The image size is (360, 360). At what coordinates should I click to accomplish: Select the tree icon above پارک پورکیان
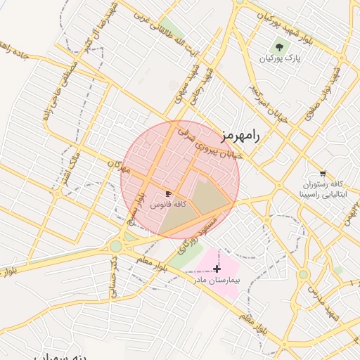280,47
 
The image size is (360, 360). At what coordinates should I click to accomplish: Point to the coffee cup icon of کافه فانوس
168,193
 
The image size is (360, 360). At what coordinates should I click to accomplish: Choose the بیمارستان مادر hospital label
217,280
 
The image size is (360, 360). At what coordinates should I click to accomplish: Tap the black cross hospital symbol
217,268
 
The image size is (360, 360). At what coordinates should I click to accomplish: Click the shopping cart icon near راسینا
323,173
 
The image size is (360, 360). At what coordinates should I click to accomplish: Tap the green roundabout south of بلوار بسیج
115,246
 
